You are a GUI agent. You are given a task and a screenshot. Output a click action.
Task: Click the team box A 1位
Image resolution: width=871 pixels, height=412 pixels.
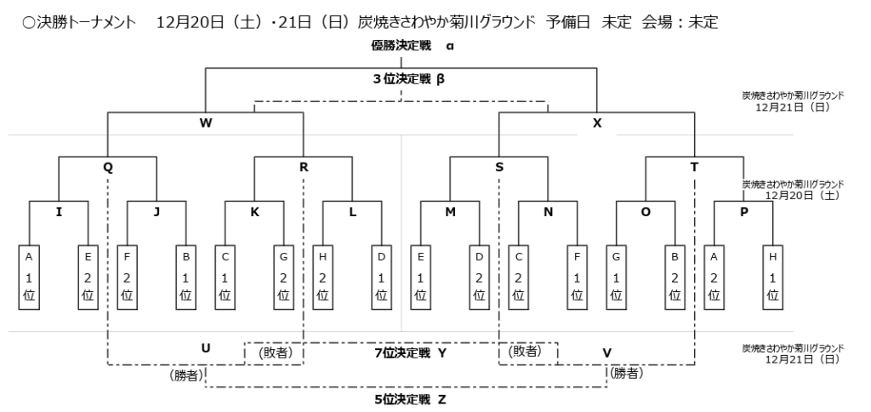[29, 275]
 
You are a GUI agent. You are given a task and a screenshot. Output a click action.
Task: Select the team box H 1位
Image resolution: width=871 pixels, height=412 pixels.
[773, 275]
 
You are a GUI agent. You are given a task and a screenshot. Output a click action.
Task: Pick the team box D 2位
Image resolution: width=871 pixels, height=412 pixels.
[480, 275]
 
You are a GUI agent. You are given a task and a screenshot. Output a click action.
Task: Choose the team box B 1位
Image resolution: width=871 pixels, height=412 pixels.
[186, 275]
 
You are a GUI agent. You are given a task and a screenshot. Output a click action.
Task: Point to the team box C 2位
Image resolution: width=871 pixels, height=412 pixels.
[518, 275]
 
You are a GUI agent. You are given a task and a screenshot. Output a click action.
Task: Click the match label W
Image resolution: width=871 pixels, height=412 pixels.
[205, 123]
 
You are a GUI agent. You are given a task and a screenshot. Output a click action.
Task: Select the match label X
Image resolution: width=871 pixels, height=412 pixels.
[597, 123]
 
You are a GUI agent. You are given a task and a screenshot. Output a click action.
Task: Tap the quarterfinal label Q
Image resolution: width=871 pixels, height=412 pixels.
[108, 168]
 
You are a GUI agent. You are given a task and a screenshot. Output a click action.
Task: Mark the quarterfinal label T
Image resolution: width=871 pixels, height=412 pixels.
[695, 168]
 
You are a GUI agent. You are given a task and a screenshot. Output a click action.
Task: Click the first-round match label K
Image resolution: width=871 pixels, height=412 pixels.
[254, 212]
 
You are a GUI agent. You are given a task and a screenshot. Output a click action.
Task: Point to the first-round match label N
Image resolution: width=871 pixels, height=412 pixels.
[549, 212]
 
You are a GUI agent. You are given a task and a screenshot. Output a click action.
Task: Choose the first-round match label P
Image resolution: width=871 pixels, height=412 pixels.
[744, 212]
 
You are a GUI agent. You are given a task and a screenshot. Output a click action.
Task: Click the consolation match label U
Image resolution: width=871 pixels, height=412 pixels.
[205, 349]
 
